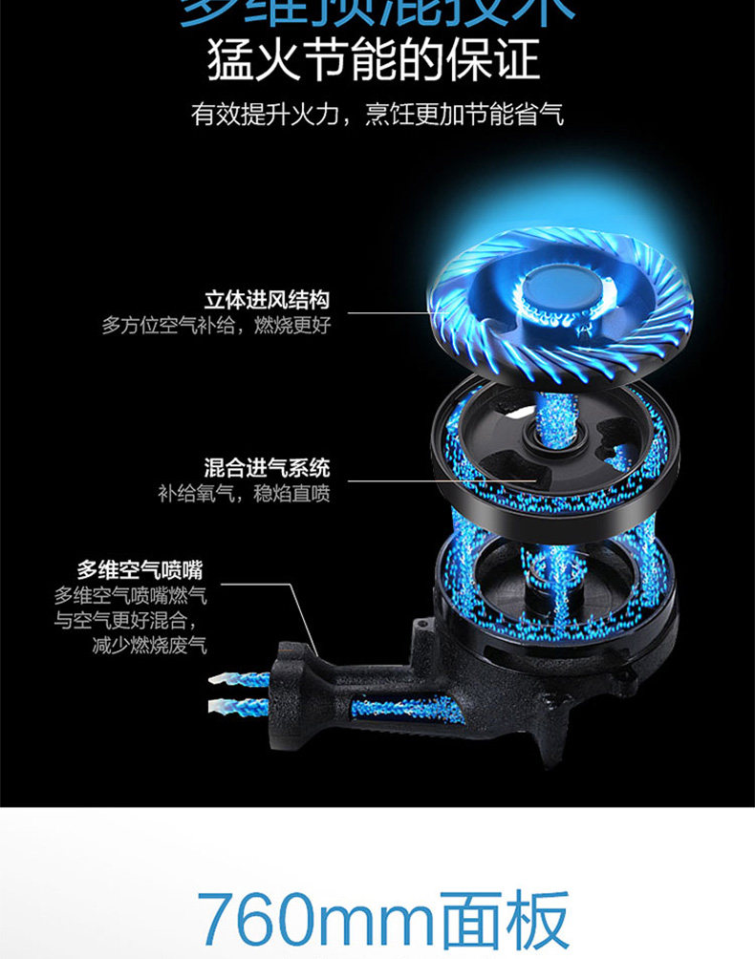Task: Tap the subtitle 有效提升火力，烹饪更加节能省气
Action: [x=377, y=116]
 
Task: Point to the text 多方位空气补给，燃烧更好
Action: [x=216, y=325]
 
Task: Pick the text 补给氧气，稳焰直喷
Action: [x=244, y=494]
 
